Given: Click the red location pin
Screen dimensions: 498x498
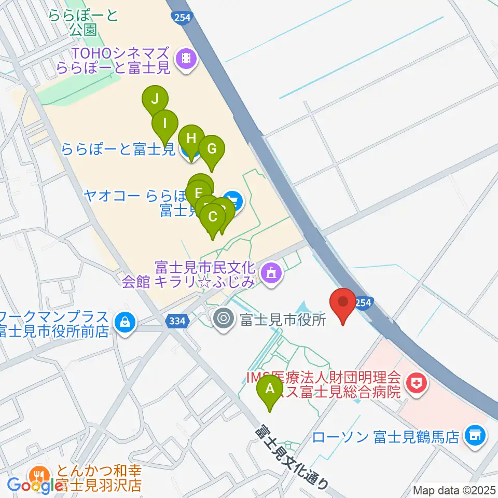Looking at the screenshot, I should [x=343, y=304].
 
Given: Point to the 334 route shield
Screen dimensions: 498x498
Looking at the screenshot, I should [x=177, y=322].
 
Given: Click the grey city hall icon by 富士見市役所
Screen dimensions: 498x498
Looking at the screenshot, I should [x=224, y=318].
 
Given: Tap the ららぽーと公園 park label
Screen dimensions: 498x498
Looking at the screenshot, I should [x=83, y=22].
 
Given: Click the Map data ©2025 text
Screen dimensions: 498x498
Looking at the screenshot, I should [x=454, y=490].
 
